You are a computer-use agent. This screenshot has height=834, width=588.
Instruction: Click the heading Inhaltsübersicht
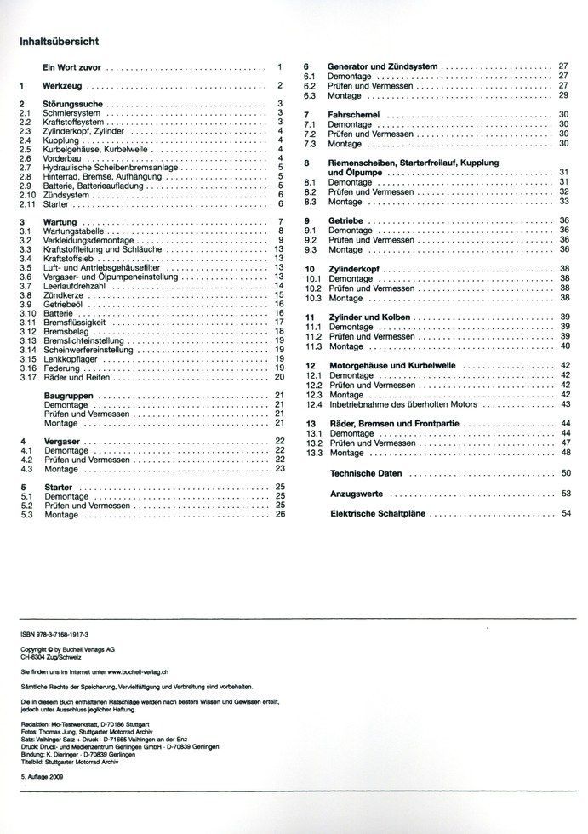59,40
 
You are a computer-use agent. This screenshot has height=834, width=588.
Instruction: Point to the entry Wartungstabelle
73,231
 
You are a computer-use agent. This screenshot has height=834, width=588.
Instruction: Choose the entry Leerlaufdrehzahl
75,286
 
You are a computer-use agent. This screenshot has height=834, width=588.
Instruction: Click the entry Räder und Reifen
77,377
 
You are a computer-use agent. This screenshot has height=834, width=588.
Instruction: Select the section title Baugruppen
68,396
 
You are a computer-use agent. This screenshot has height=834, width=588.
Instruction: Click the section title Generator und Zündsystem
382,66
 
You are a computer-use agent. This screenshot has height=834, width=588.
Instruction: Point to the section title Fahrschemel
355,113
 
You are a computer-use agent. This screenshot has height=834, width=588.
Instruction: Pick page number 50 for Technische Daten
565,472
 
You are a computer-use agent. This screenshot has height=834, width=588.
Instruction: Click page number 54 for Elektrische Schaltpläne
565,514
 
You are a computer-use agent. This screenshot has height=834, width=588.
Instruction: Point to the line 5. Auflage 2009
43,779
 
